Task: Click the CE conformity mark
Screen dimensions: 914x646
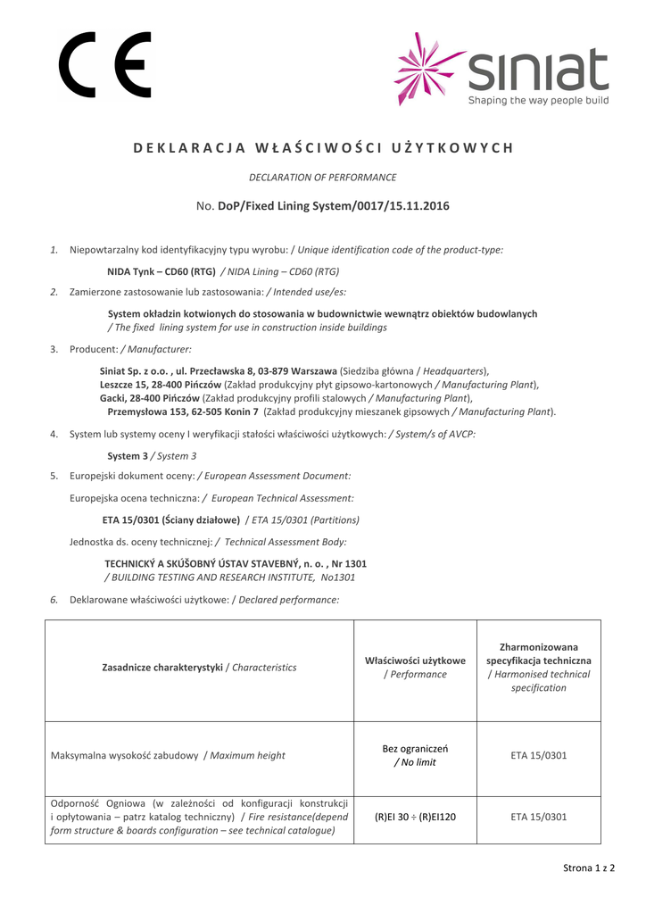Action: point(105,64)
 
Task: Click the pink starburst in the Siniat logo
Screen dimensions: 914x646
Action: point(428,71)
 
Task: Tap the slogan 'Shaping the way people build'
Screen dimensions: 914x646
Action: point(538,101)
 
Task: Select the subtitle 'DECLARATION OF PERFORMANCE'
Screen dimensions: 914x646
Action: point(322,178)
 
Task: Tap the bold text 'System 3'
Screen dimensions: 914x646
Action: point(127,456)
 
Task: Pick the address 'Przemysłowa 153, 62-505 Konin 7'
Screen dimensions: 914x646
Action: point(183,411)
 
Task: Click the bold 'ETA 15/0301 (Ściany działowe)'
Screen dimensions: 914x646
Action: point(171,519)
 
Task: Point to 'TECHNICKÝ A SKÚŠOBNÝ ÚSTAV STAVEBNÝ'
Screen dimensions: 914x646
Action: point(217,564)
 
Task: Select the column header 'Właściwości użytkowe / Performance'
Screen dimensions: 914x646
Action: point(415,668)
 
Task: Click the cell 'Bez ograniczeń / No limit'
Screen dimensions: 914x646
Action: point(415,755)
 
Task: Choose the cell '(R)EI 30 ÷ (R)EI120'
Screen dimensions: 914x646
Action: point(415,817)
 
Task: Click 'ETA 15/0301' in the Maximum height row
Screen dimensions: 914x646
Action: point(538,755)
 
